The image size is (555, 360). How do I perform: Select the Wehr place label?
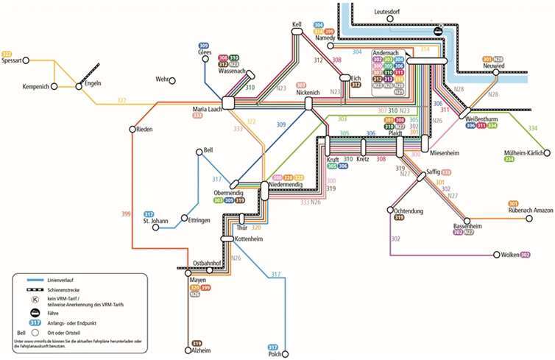pos(162,79)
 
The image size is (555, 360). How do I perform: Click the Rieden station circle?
pos(132,130)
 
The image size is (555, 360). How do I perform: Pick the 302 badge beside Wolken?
pos(525,255)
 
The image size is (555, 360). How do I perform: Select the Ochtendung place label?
pos(403,211)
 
